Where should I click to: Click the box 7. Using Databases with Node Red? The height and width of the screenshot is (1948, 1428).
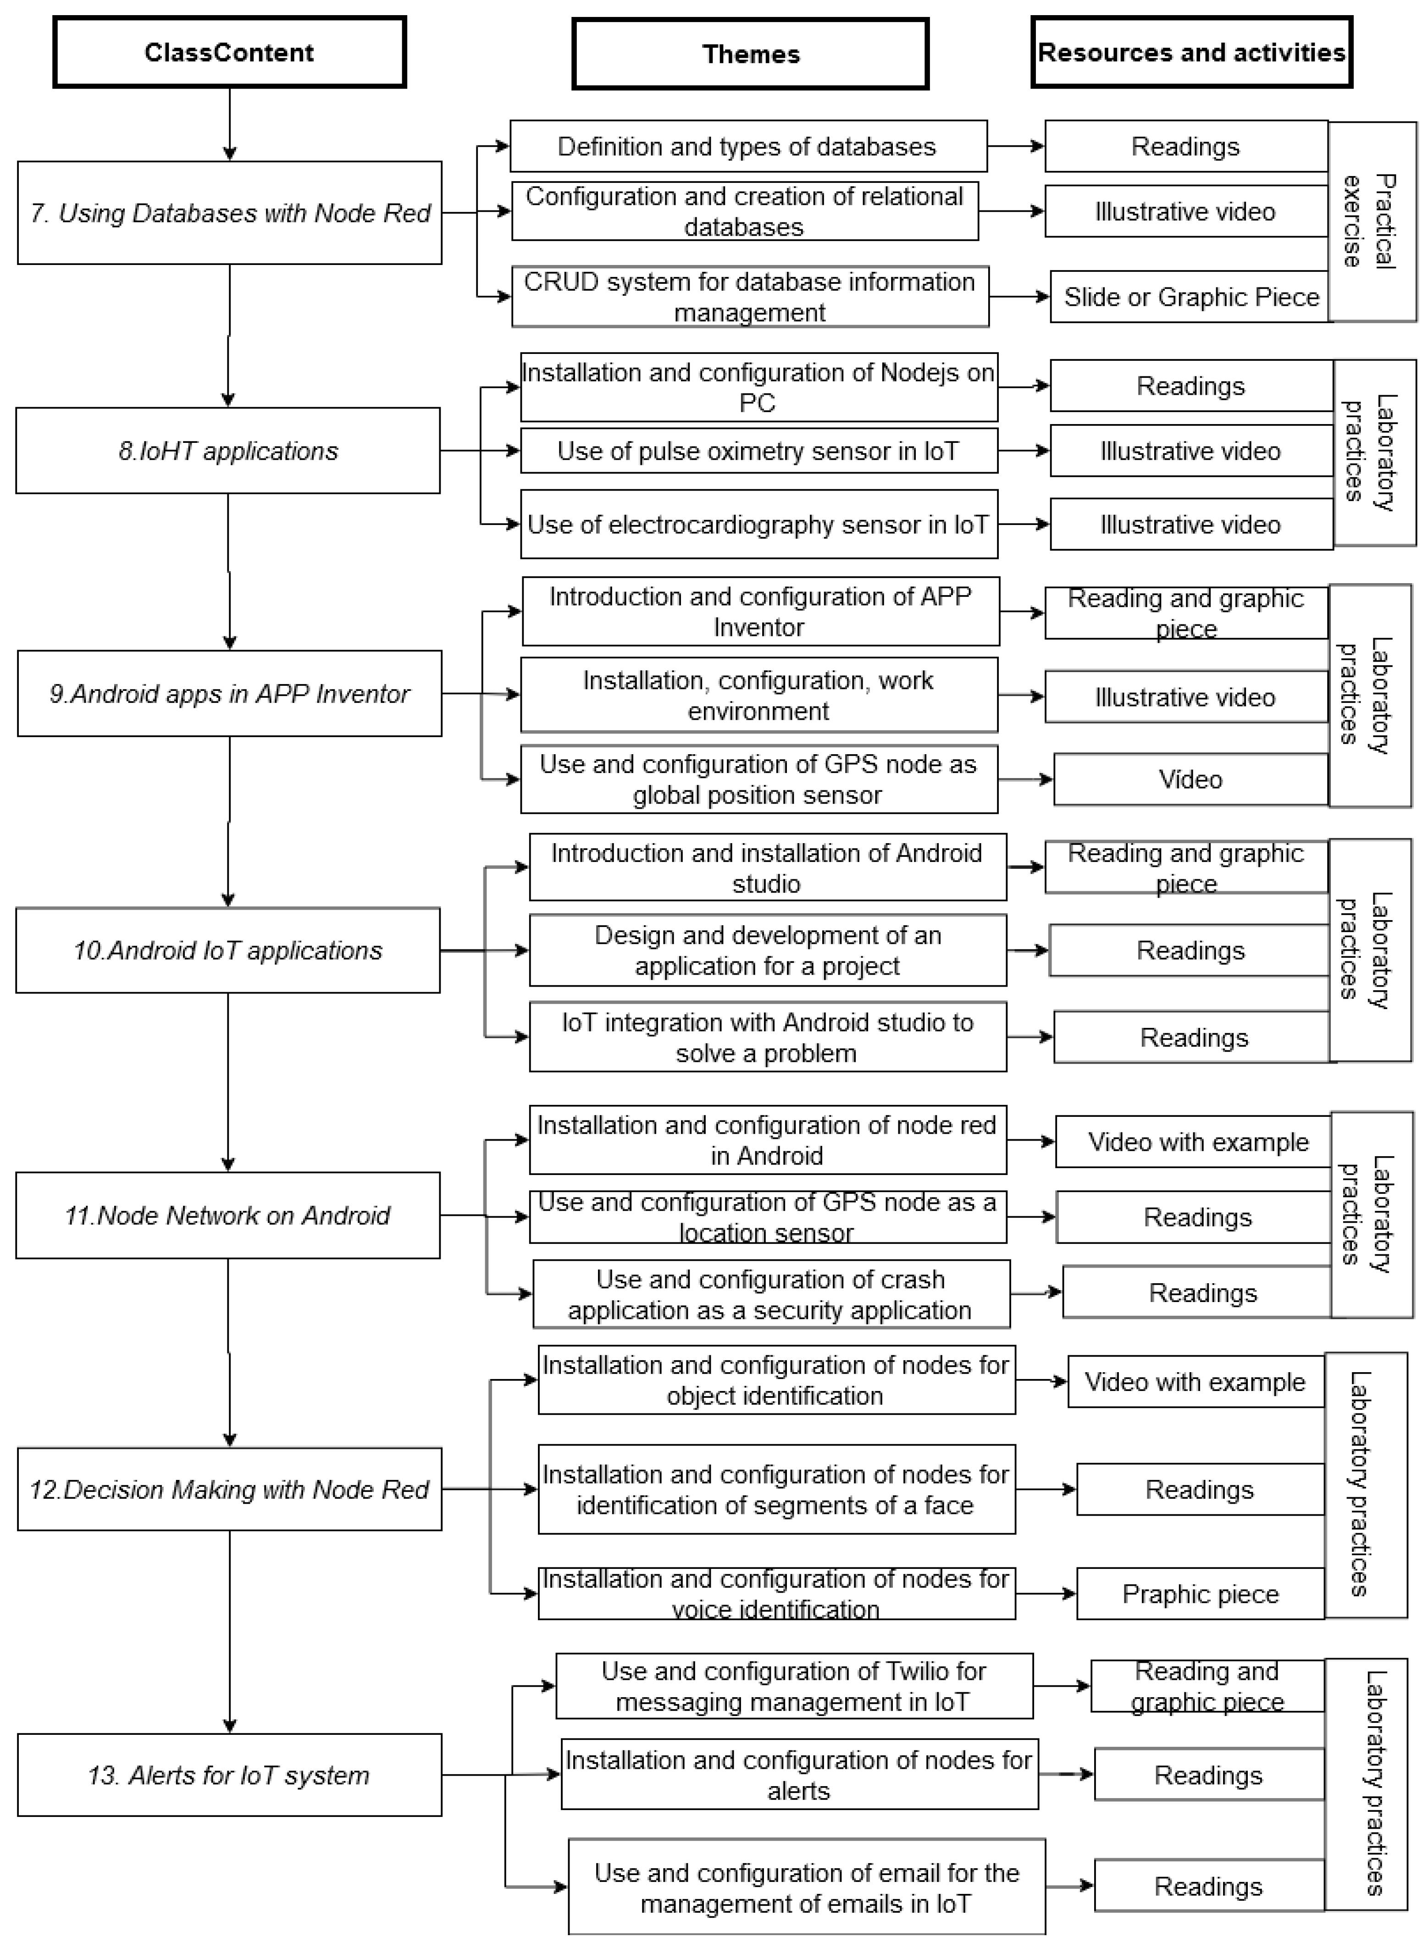pyautogui.click(x=229, y=213)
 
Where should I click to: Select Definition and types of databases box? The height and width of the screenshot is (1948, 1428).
pyautogui.click(x=748, y=146)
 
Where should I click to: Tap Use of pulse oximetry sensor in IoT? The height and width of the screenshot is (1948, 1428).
pyautogui.click(x=758, y=450)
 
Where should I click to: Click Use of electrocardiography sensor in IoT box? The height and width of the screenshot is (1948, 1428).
pyautogui.click(x=758, y=524)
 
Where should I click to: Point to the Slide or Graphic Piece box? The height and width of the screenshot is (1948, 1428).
pyautogui.click(x=1190, y=297)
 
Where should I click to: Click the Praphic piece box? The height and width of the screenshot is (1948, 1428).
pyautogui.click(x=1200, y=1593)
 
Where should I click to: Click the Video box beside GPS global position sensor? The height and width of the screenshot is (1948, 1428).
pyautogui.click(x=1190, y=778)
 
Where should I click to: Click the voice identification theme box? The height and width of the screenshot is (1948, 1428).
pyautogui.click(x=775, y=1593)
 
